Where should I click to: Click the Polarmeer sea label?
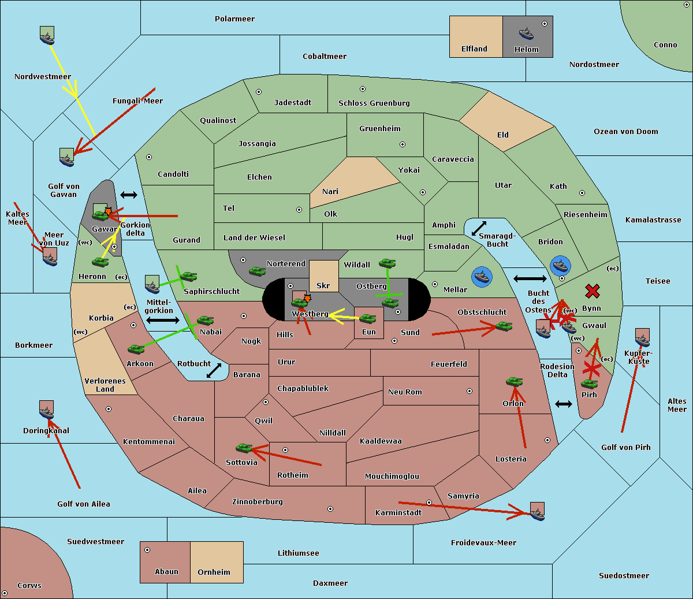(x=234, y=19)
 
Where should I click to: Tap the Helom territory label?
(x=526, y=50)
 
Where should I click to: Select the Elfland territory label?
(x=474, y=49)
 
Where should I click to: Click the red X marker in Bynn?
(x=592, y=291)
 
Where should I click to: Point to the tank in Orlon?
(x=514, y=382)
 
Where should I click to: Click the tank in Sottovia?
(x=244, y=448)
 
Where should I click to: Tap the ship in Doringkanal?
(x=47, y=410)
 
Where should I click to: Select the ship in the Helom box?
(x=526, y=33)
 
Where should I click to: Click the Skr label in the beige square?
(x=323, y=285)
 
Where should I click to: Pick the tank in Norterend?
(x=257, y=271)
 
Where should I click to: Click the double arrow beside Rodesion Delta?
(x=564, y=404)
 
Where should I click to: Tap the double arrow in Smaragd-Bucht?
(x=479, y=229)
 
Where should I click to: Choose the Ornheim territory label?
(x=214, y=572)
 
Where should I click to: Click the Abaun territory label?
(x=166, y=572)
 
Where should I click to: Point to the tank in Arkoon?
(x=136, y=349)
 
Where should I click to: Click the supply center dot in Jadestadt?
(x=259, y=92)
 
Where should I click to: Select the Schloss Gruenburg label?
(x=374, y=103)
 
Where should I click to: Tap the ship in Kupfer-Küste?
(x=642, y=337)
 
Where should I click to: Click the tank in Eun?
(x=368, y=318)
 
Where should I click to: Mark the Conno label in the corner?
(x=665, y=45)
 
